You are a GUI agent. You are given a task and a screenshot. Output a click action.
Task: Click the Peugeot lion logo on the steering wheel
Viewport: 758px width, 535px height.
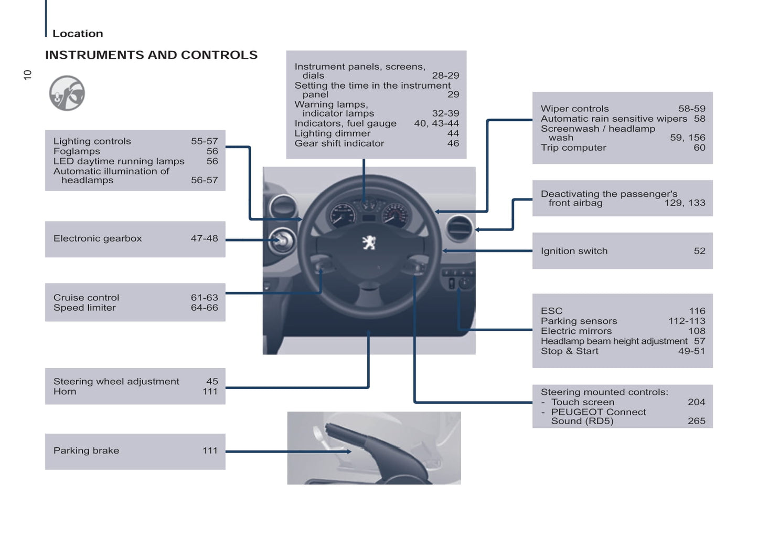click(369, 242)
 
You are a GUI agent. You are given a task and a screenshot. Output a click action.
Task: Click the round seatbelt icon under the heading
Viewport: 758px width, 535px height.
click(67, 93)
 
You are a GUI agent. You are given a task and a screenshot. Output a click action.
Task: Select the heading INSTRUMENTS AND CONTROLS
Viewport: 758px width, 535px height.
click(151, 55)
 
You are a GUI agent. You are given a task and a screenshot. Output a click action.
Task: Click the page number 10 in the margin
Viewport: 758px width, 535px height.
click(28, 75)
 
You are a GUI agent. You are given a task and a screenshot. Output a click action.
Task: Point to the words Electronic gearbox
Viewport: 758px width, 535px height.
click(98, 238)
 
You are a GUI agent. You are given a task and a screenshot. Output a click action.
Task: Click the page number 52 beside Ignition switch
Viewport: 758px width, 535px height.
click(699, 251)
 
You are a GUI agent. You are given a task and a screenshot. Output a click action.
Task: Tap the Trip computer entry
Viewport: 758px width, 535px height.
click(573, 148)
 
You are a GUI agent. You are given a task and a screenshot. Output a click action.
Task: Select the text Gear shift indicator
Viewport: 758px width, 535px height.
click(339, 143)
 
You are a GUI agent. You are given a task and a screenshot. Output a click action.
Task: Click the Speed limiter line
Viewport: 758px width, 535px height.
click(84, 308)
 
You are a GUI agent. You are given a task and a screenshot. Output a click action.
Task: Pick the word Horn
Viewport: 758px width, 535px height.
click(65, 392)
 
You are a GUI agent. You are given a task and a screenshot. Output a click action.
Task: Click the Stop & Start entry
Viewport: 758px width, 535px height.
click(569, 351)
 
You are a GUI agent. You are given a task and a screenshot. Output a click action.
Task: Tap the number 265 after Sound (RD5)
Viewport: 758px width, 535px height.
click(696, 421)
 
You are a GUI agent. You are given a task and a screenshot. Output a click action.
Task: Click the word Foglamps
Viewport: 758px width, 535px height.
click(77, 151)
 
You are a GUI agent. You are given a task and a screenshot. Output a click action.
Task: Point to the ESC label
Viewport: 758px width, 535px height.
click(551, 311)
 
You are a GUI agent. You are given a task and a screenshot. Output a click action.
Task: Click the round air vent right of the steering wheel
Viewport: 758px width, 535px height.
click(459, 228)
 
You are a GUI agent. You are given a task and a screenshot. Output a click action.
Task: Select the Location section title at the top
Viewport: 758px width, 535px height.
click(78, 34)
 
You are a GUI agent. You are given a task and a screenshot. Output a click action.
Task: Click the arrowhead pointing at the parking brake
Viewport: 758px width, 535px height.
click(349, 452)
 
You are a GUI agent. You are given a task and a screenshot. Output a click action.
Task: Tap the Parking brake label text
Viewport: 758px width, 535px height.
click(86, 450)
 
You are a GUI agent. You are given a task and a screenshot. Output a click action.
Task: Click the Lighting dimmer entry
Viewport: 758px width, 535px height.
click(332, 133)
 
